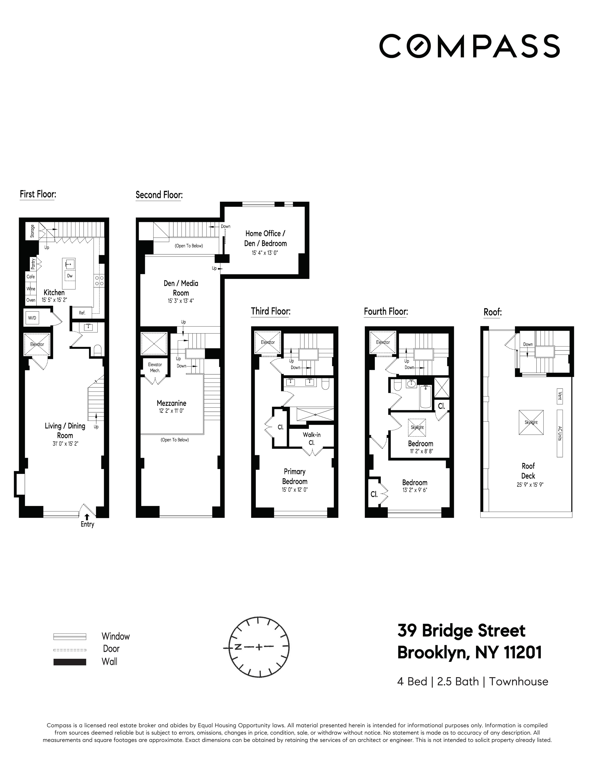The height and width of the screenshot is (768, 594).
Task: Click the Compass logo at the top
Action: click(x=469, y=46)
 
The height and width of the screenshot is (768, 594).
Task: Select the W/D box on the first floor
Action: click(x=32, y=318)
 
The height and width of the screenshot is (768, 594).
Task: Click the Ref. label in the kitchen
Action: click(x=82, y=313)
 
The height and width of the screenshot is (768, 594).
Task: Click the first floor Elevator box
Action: click(x=37, y=344)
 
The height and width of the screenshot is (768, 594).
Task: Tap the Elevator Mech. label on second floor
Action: click(x=155, y=367)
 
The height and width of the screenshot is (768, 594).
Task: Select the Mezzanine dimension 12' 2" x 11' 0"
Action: click(x=171, y=411)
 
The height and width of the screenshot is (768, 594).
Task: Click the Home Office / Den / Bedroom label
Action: click(x=266, y=238)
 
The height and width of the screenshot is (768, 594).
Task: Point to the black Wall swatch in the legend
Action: click(x=70, y=662)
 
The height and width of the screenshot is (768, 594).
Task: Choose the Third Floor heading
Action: click(x=270, y=311)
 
